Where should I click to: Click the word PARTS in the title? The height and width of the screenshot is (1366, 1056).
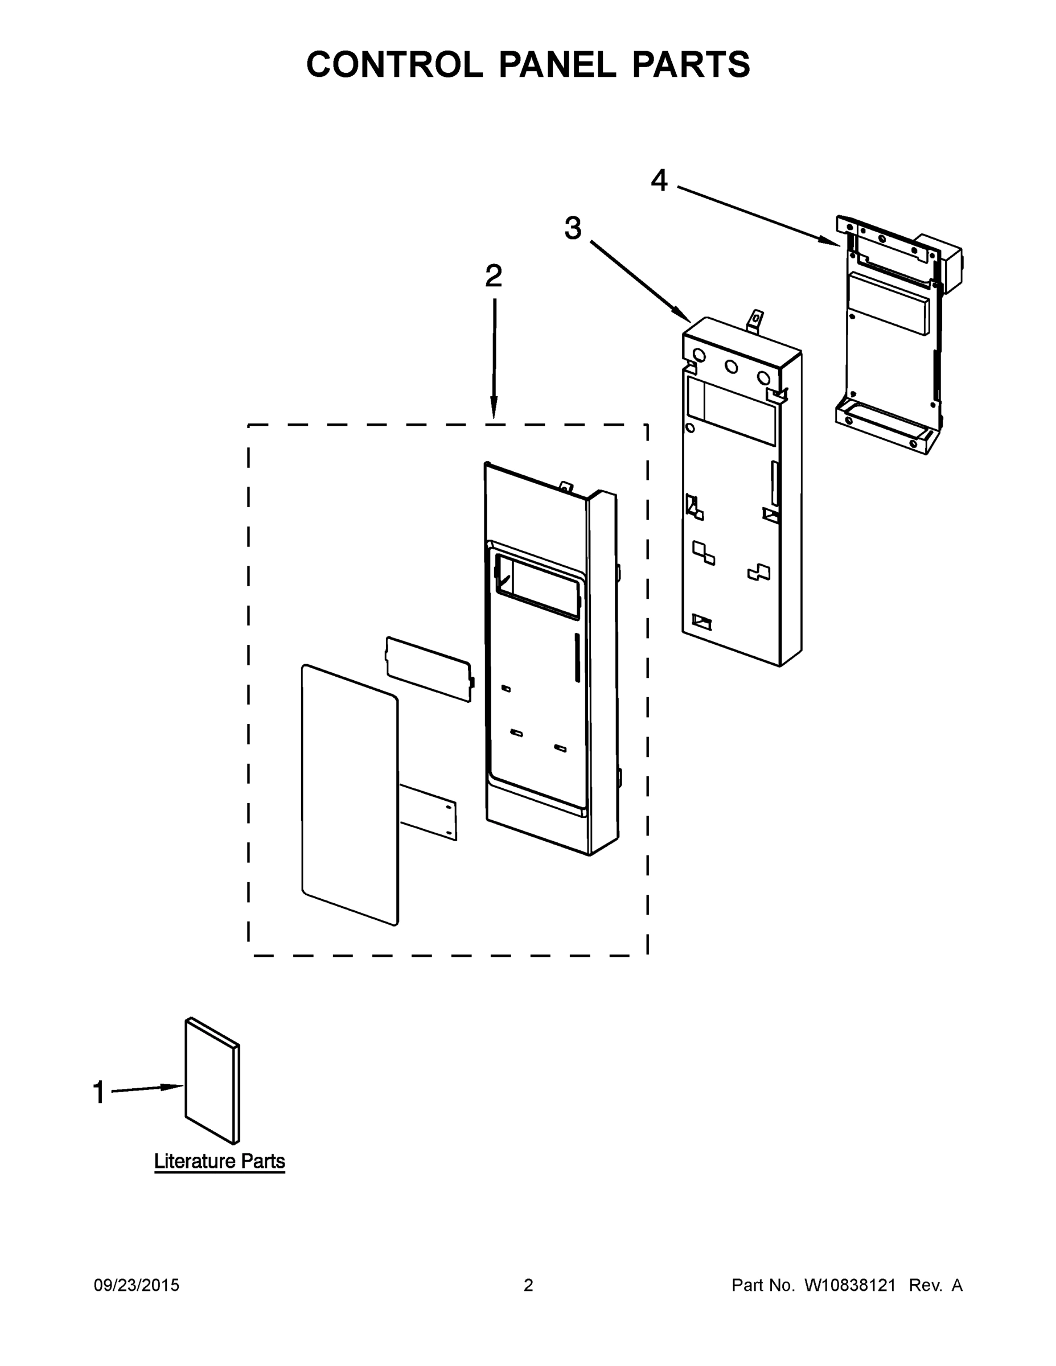click(x=691, y=64)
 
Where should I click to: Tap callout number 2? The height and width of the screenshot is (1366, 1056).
click(x=494, y=276)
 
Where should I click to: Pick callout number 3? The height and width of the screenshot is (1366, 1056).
click(x=573, y=228)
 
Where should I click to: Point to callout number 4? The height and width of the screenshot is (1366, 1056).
click(x=659, y=181)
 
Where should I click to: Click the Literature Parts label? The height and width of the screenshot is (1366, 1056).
click(x=220, y=1162)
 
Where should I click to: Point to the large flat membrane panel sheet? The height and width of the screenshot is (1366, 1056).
click(x=349, y=795)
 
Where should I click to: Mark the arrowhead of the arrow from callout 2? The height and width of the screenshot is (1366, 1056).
click(x=494, y=410)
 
